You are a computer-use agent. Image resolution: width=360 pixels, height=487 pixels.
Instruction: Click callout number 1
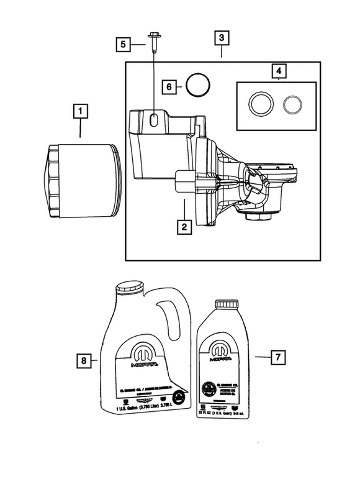tap(81, 112)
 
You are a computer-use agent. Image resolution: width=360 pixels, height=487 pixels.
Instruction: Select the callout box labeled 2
tap(183, 227)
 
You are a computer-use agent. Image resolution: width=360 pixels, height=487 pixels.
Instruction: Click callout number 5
tap(124, 44)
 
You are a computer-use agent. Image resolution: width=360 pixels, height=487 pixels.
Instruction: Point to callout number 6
tap(168, 88)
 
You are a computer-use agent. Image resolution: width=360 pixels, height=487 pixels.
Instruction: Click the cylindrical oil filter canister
tap(79, 182)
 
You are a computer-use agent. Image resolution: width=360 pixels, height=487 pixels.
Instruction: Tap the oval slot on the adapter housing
tap(153, 120)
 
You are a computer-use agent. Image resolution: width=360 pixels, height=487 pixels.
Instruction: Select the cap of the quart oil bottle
tap(227, 304)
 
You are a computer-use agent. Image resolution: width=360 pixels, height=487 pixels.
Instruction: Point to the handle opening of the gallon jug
tap(166, 320)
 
